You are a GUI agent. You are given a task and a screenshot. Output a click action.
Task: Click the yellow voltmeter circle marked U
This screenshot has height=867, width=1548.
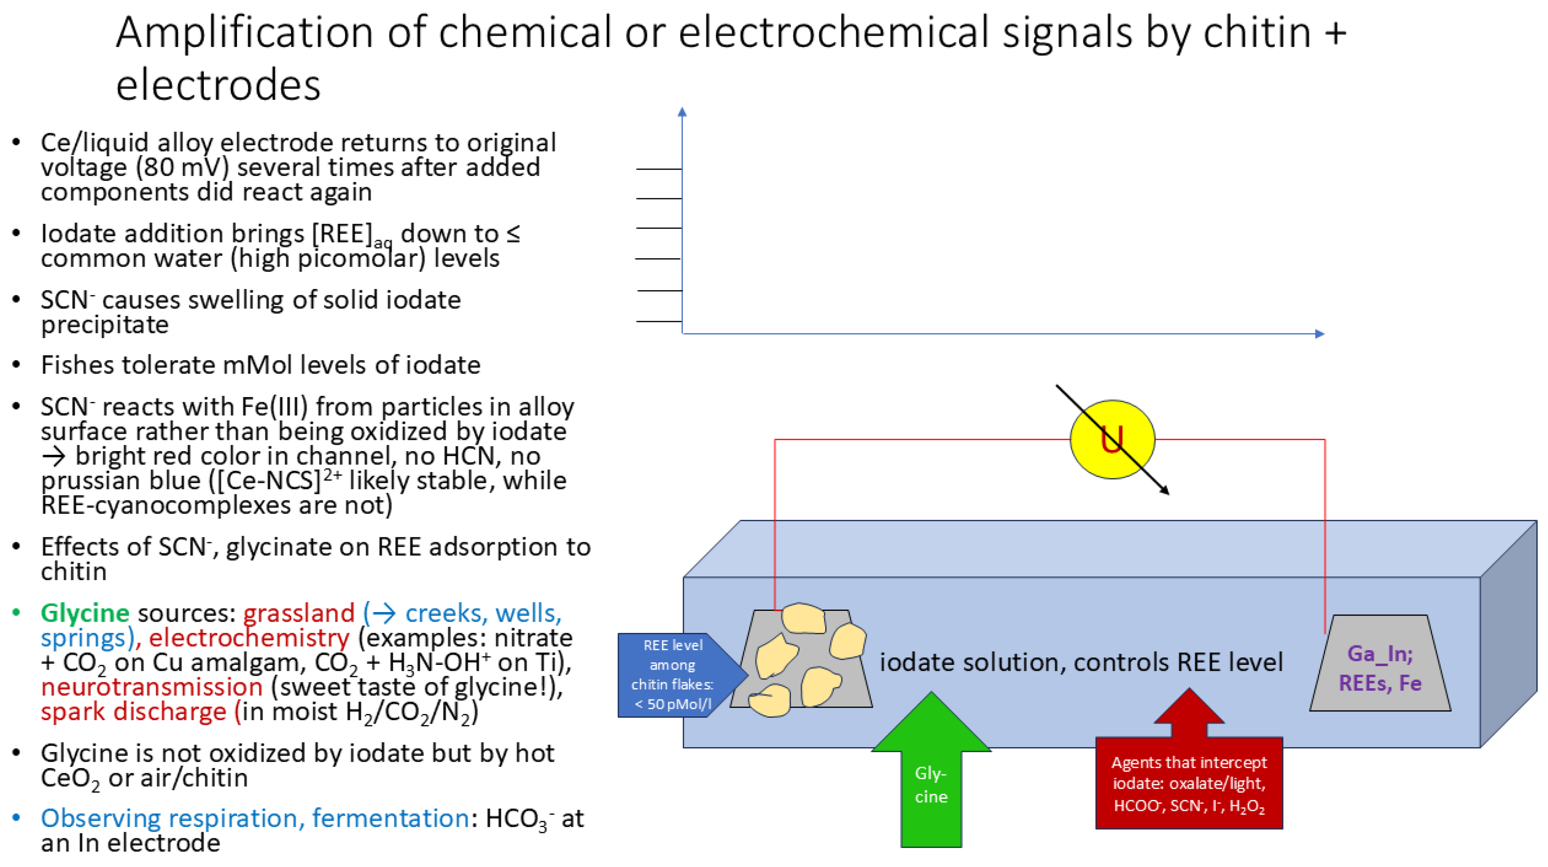tap(1112, 439)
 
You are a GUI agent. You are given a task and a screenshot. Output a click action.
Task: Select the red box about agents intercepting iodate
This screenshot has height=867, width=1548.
tap(1189, 783)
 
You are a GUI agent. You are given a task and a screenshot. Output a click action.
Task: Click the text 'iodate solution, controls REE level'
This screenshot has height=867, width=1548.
tap(1081, 662)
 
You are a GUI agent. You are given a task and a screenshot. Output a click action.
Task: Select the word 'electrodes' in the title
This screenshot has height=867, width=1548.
tap(218, 85)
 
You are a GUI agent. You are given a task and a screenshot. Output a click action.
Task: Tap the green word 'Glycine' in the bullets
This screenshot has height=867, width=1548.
tap(85, 613)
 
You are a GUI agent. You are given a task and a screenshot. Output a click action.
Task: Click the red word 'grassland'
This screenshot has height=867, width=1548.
tap(299, 613)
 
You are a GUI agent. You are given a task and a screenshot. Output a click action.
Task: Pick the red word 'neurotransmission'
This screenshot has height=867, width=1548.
tap(151, 687)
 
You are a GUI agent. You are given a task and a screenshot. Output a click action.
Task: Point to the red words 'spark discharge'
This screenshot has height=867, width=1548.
tap(133, 712)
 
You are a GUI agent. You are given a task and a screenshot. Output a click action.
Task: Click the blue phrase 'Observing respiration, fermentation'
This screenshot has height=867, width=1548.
tap(254, 818)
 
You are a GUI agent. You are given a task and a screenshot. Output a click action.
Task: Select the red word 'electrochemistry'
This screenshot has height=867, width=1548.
tap(249, 638)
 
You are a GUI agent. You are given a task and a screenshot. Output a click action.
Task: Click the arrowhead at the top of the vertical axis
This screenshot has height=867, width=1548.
tap(681, 112)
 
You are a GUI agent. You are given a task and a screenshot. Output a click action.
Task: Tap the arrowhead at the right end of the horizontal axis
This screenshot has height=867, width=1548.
tap(1320, 333)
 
